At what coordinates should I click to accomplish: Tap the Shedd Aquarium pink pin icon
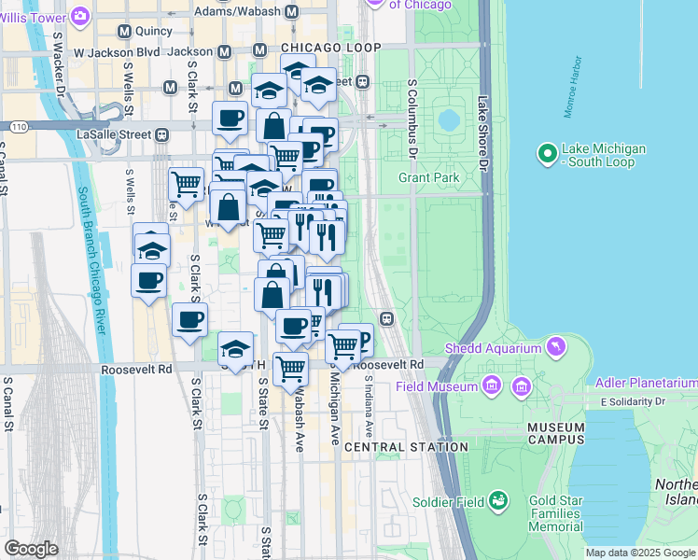coord(557,348)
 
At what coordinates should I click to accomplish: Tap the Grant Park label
coord(428,176)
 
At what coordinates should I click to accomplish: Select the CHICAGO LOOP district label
coord(330,48)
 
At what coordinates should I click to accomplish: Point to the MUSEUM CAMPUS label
coord(555,433)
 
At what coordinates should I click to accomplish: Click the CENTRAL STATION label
coord(406,447)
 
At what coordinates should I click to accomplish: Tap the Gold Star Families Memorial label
coord(556,513)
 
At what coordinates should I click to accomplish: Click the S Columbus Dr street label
coord(412,117)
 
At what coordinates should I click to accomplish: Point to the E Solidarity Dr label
coord(648,401)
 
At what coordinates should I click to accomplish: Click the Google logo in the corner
coord(32,548)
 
